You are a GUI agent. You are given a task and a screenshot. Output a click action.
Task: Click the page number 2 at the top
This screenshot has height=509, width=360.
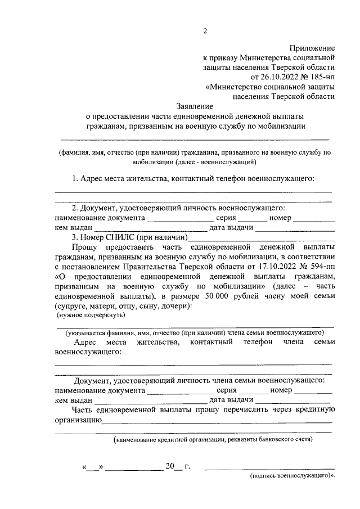tap(205, 31)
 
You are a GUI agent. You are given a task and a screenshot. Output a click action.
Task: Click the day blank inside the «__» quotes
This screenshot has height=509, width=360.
tap(93, 467)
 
